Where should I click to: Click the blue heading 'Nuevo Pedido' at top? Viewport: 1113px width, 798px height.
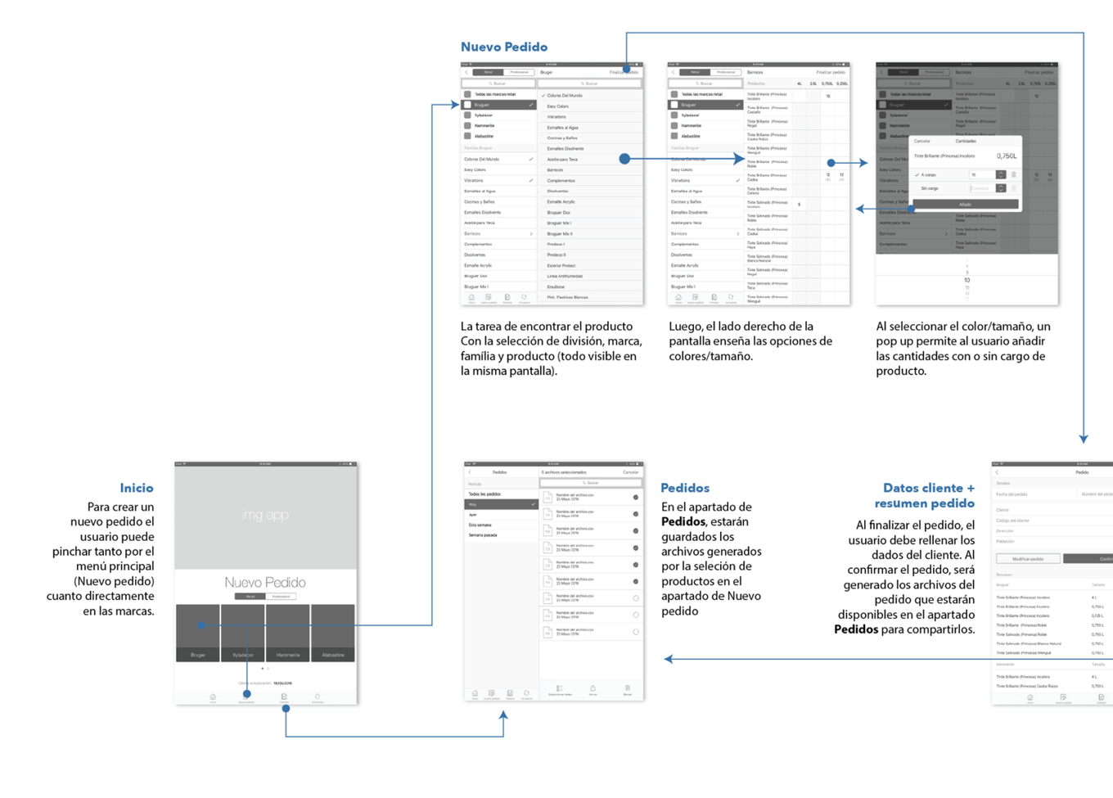click(x=503, y=47)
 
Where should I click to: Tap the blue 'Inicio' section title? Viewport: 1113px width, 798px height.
click(x=136, y=488)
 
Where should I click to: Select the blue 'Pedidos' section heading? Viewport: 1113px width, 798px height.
click(x=684, y=488)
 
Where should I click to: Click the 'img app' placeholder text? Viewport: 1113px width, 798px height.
click(x=265, y=515)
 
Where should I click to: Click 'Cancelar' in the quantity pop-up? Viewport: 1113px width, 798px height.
click(x=921, y=141)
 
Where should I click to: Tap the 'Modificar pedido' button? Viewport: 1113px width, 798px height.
click(x=1028, y=559)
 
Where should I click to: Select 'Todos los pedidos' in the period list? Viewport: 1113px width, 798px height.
click(x=484, y=494)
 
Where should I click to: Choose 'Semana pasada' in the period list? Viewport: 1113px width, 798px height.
click(x=483, y=535)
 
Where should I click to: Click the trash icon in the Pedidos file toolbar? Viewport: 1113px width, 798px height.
click(x=627, y=688)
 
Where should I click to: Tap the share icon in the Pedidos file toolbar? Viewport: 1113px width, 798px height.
click(x=593, y=688)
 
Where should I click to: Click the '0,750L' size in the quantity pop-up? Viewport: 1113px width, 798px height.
click(x=1007, y=156)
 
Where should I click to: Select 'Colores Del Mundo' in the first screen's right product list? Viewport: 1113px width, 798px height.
click(x=565, y=96)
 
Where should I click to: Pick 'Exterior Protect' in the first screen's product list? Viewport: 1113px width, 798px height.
click(x=561, y=265)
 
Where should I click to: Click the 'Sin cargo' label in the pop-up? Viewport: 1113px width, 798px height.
click(x=930, y=188)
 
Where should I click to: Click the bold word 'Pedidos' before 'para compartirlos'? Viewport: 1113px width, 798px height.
click(x=856, y=629)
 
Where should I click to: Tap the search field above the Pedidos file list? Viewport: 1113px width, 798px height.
click(x=590, y=483)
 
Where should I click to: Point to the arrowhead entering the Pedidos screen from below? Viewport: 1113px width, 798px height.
click(x=503, y=715)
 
